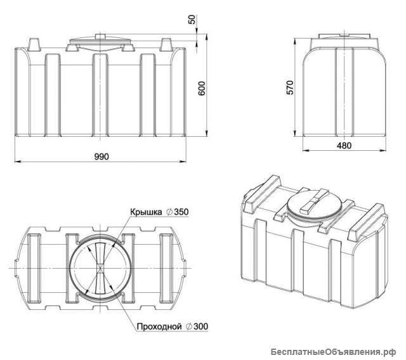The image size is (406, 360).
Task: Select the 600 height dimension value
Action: coord(202,89)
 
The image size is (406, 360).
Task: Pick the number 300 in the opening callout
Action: coord(199,326)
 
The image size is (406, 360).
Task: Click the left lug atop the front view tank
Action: coord(34,44)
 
